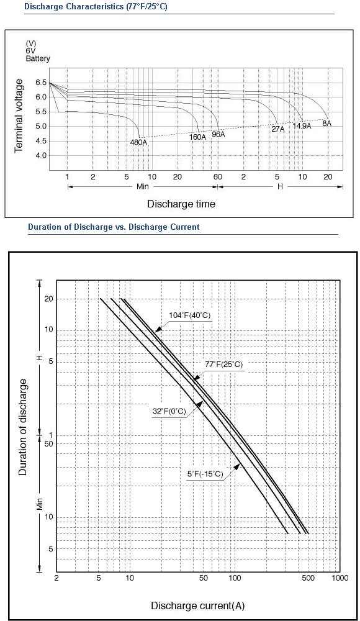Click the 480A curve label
(x=138, y=142)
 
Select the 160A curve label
(x=197, y=137)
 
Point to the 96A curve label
(x=218, y=134)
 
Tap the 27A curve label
(x=277, y=129)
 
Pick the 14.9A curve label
(x=302, y=126)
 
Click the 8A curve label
(x=326, y=123)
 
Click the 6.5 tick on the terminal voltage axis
(x=41, y=83)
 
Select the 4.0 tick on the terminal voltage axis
(x=41, y=156)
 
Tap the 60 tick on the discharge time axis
(x=217, y=177)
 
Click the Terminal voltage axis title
(x=19, y=116)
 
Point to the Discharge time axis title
(x=181, y=204)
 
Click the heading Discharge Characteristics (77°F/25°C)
(x=96, y=7)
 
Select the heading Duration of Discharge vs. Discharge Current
(x=114, y=227)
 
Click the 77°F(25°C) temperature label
(x=224, y=365)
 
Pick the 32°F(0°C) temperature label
(x=169, y=412)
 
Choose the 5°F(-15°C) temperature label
(x=205, y=474)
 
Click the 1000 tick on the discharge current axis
(x=340, y=578)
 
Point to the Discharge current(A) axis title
(x=197, y=605)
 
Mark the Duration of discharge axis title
(x=24, y=427)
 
